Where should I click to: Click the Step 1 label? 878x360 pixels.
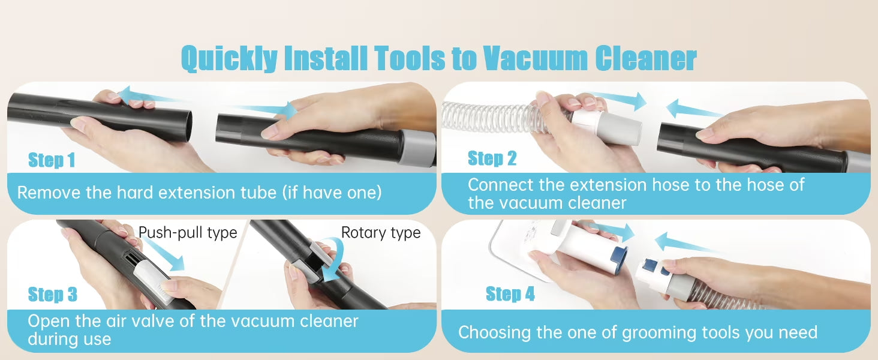pyautogui.click(x=52, y=160)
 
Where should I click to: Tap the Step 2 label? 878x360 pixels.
pyautogui.click(x=492, y=158)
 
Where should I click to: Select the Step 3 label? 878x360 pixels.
pyautogui.click(x=53, y=294)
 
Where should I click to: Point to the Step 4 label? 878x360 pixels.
pyautogui.click(x=510, y=293)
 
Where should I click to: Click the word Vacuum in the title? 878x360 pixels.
pyautogui.click(x=534, y=58)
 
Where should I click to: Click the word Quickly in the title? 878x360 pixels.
pyautogui.click(x=229, y=59)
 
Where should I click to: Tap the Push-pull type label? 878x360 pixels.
pyautogui.click(x=188, y=233)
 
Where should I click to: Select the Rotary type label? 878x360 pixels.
pyautogui.click(x=381, y=233)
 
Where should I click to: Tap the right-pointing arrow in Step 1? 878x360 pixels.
pyautogui.click(x=263, y=110)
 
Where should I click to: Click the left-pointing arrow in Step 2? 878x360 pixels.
pyautogui.click(x=694, y=109)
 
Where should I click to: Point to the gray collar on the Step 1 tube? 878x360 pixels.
pyautogui.click(x=418, y=148)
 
